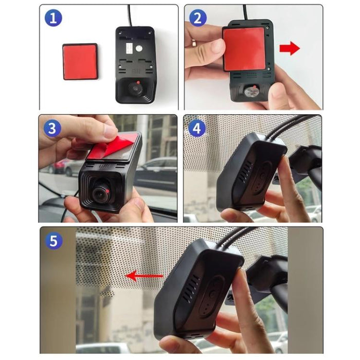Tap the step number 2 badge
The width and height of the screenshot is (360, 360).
click(197, 19)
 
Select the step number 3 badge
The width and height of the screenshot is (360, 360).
click(52, 129)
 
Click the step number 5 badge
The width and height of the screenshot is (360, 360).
click(53, 240)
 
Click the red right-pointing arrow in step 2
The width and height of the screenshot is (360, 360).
click(290, 49)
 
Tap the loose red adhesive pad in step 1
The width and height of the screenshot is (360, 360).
click(80, 61)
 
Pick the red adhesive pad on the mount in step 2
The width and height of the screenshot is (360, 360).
click(244, 48)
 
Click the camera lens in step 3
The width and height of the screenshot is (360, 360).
click(100, 194)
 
